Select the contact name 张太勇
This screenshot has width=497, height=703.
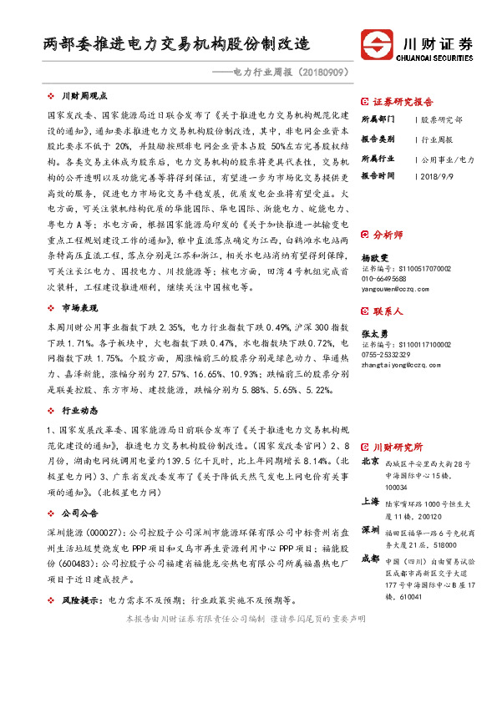pyautogui.click(x=375, y=333)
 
